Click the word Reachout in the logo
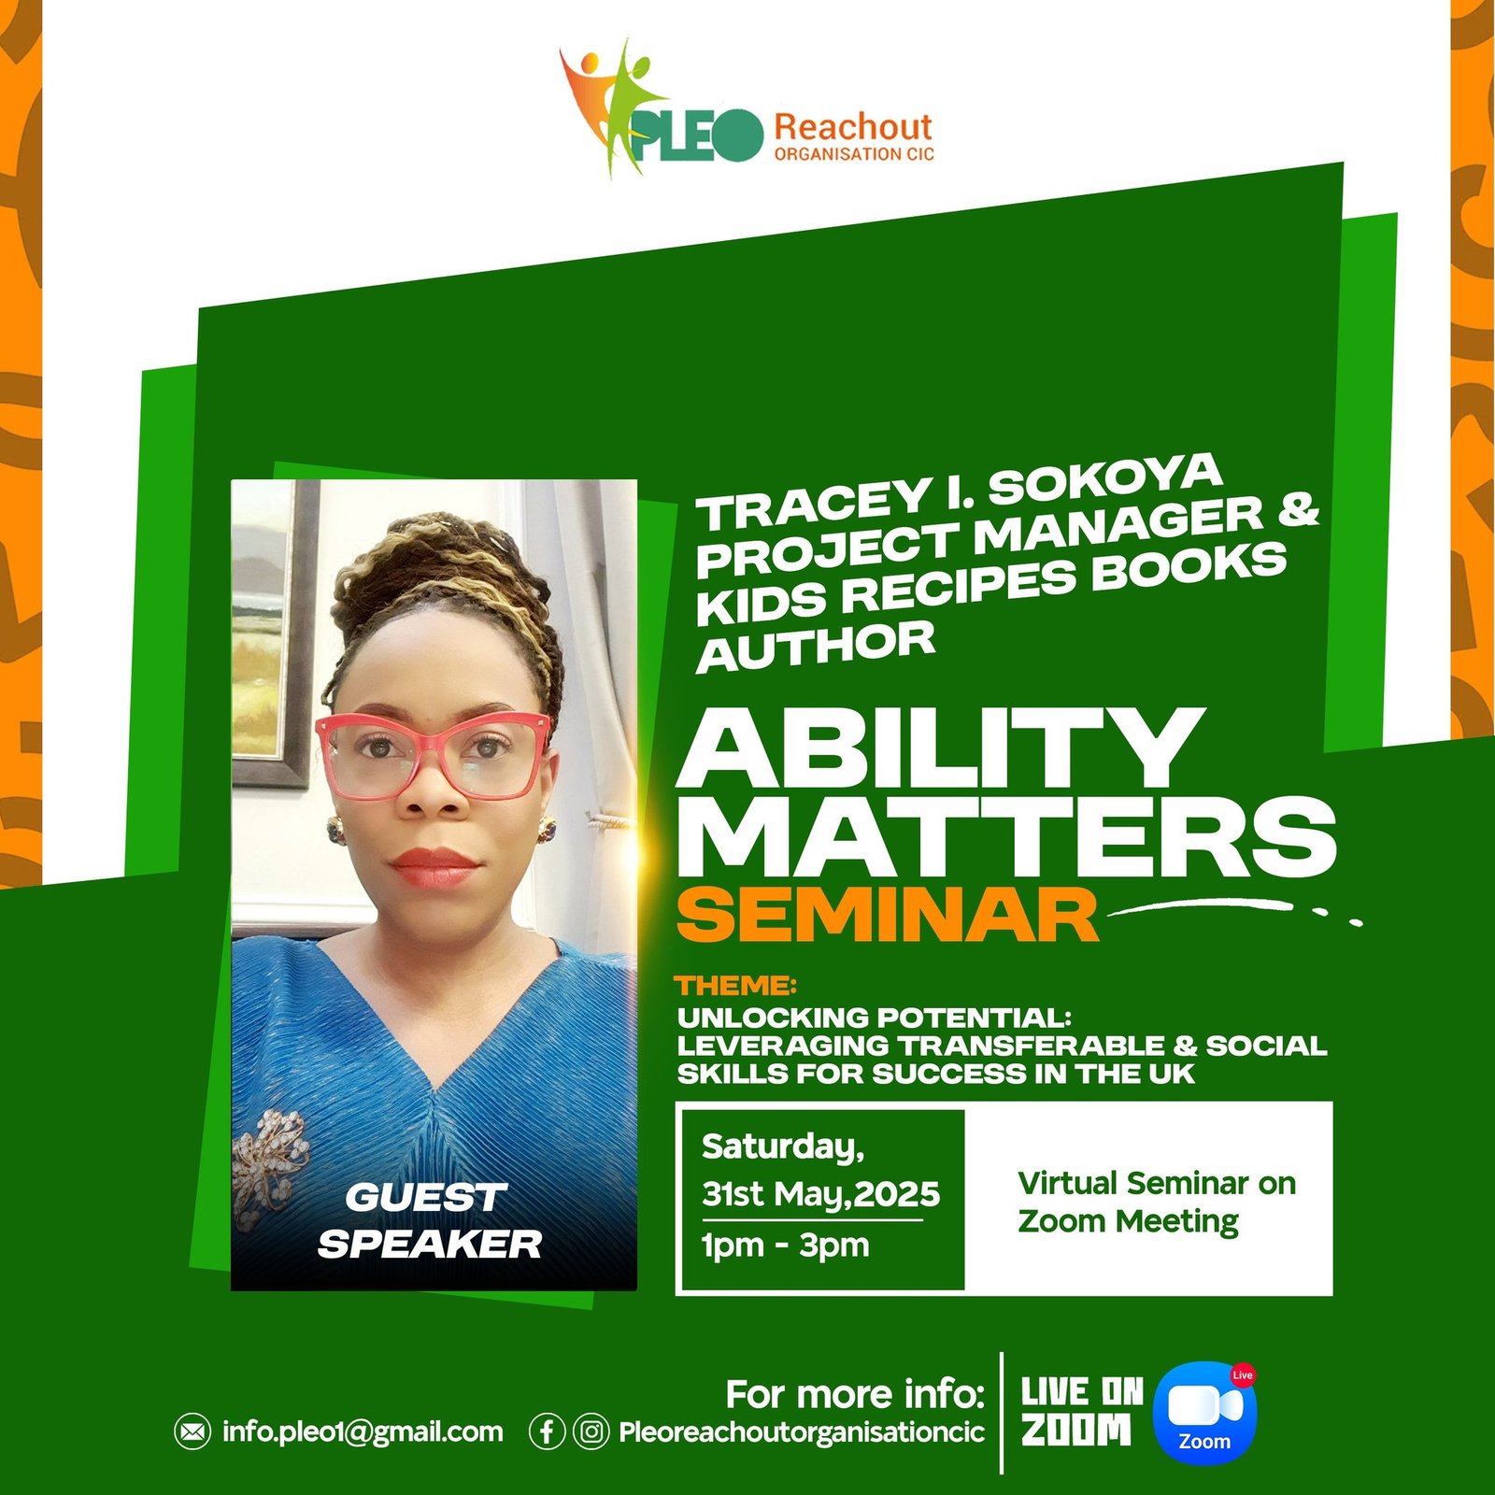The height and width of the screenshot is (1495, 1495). point(853,126)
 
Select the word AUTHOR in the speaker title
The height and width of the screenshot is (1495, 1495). point(816,646)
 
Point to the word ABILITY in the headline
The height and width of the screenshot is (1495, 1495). point(940,747)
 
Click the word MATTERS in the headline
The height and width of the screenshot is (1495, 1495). point(1007,837)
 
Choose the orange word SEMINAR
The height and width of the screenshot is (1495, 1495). point(888,915)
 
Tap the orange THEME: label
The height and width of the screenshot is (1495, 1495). point(736,986)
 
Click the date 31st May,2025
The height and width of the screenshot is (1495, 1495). point(820,1194)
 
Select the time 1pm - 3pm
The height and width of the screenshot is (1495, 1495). point(786,1246)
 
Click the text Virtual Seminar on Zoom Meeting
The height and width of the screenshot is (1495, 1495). point(1157,1202)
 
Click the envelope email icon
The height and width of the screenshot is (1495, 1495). point(192,1431)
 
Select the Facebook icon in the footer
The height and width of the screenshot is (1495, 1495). point(547,1431)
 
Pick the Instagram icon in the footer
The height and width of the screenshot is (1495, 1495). point(591,1431)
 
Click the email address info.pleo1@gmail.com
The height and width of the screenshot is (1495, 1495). point(363,1431)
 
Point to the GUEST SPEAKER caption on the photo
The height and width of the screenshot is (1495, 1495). point(429,1221)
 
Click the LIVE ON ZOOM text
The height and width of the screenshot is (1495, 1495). point(1082,1412)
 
